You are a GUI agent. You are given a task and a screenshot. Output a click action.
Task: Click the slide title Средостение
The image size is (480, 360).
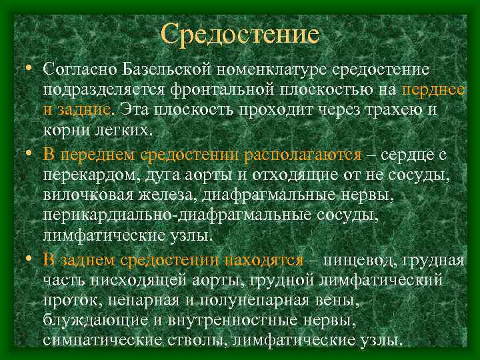pyautogui.click(x=240, y=33)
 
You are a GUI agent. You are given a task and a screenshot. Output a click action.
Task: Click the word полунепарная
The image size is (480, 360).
pyautogui.click(x=256, y=301)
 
